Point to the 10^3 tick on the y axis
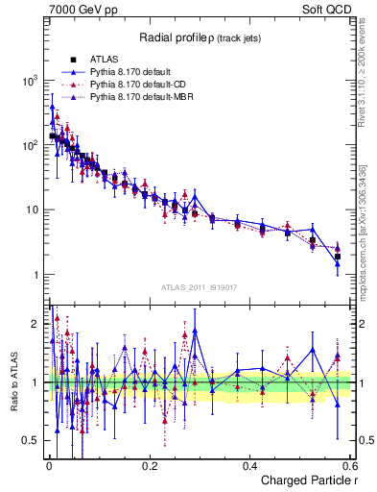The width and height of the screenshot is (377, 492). click(29, 81)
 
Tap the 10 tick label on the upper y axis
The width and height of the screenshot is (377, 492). click(31, 209)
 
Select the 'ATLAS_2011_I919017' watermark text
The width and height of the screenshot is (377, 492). click(200, 289)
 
